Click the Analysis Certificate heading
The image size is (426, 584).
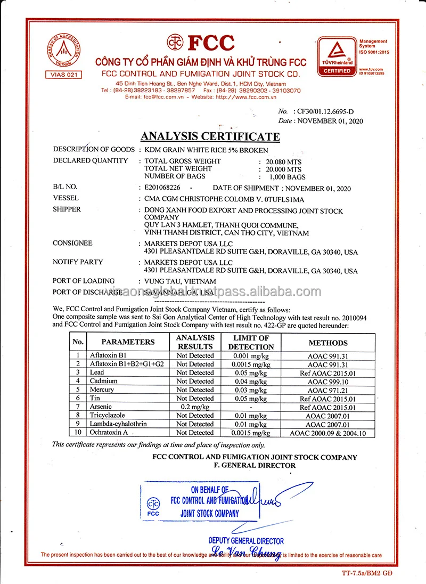tap(210, 136)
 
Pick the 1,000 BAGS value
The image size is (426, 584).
tap(286, 176)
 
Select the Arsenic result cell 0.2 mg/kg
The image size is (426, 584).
tap(195, 407)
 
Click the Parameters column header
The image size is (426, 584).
tap(128, 342)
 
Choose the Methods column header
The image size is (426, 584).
tap(328, 343)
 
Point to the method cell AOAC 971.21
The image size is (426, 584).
tap(328, 390)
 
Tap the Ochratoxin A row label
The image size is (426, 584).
tap(109, 433)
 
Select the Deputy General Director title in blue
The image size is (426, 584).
tap(246, 541)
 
